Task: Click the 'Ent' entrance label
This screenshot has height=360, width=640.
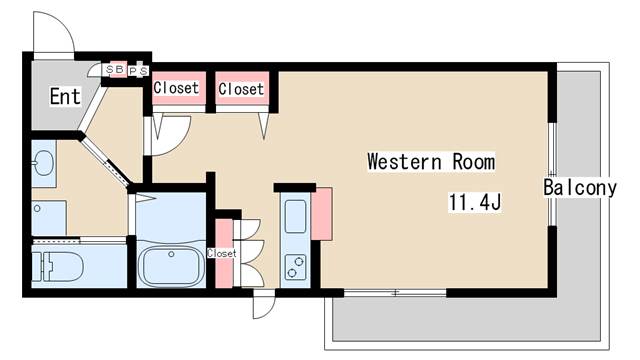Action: pyautogui.click(x=65, y=96)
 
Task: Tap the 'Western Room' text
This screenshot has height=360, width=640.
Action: pyautogui.click(x=431, y=161)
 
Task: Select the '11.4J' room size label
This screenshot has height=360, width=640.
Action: pyautogui.click(x=475, y=202)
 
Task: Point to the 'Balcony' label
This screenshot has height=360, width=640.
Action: pyautogui.click(x=580, y=188)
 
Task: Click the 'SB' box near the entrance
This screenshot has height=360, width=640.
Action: pyautogui.click(x=114, y=69)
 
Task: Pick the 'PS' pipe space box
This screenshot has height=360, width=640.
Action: pyautogui.click(x=138, y=71)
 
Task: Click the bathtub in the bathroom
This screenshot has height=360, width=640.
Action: pyautogui.click(x=171, y=266)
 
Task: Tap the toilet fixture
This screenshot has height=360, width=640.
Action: pyautogui.click(x=58, y=267)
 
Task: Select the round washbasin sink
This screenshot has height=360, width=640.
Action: pyautogui.click(x=43, y=163)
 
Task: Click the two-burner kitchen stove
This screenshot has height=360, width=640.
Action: pyautogui.click(x=296, y=267)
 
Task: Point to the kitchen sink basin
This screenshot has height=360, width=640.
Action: pyautogui.click(x=296, y=216)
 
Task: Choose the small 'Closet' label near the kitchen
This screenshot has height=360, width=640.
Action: pyautogui.click(x=222, y=253)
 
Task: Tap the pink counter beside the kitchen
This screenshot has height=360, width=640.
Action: pyautogui.click(x=322, y=214)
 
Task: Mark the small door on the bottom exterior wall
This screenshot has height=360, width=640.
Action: pyautogui.click(x=264, y=304)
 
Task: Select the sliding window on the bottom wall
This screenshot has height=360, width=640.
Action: pyautogui.click(x=395, y=293)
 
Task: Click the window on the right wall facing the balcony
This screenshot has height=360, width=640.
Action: pyautogui.click(x=552, y=174)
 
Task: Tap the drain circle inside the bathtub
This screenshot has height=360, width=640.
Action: pyautogui.click(x=171, y=254)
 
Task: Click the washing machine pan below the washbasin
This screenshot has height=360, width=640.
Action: pyautogui.click(x=49, y=218)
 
